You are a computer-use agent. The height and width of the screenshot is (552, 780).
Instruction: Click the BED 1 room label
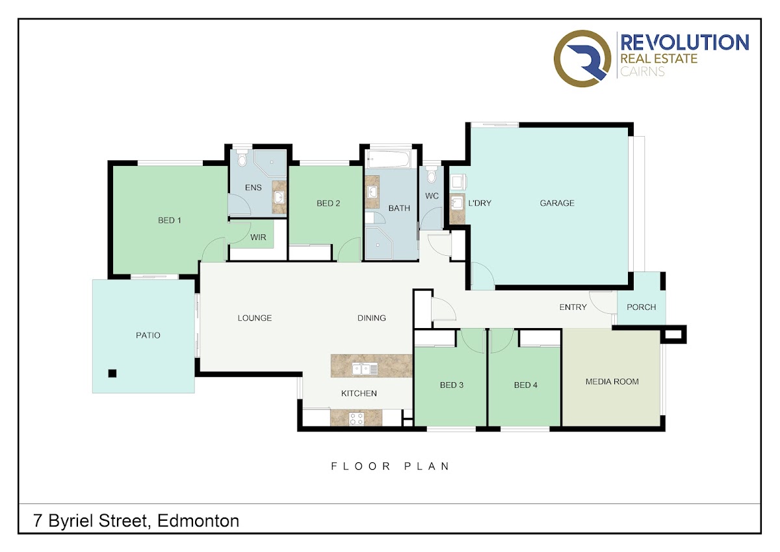point(170,221)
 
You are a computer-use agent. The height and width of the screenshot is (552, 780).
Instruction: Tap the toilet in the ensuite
point(241,159)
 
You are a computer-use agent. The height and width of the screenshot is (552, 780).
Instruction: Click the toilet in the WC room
point(432,174)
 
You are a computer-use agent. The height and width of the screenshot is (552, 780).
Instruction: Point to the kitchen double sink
point(365,368)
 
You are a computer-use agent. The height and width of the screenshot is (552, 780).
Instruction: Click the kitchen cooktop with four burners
point(356,419)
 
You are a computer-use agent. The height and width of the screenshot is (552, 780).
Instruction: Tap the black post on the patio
point(112,374)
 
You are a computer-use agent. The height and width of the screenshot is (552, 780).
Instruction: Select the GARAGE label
point(557,203)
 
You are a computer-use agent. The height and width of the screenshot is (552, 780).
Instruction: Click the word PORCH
point(641,307)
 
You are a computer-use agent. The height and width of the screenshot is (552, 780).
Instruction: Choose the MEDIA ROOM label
point(612,382)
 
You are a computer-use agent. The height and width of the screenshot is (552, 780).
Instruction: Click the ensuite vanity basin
point(279,197)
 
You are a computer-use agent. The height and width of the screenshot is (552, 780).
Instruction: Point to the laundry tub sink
point(456,203)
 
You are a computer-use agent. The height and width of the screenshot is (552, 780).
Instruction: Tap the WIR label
point(258,238)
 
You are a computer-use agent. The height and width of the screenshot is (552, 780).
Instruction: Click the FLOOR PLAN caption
point(390,467)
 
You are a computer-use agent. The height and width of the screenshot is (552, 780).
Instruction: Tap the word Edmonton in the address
point(198,521)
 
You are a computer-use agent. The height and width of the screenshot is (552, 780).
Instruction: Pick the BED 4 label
point(525,385)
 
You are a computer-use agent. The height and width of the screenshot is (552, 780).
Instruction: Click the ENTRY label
point(573,307)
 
